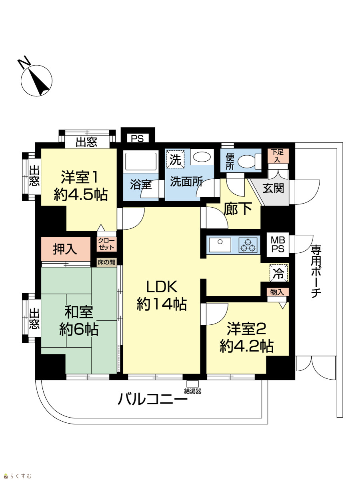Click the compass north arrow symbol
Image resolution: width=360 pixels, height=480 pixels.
(36, 80)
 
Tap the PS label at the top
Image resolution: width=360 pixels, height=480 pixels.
(138, 138)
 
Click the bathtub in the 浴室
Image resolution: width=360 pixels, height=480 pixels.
(140, 161)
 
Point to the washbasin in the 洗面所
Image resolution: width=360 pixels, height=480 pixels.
(202, 157)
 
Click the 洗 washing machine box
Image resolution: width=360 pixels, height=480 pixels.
(175, 159)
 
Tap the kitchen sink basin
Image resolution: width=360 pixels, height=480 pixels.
(220, 245)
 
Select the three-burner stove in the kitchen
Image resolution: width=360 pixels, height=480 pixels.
(248, 245)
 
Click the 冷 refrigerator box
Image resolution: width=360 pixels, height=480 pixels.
(279, 272)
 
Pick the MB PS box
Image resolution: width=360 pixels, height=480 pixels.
(278, 244)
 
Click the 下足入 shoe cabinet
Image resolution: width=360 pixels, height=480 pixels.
(278, 156)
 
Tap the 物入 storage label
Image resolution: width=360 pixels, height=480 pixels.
(277, 292)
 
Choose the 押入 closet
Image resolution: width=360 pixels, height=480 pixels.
(66, 249)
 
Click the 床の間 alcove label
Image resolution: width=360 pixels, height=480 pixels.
(106, 262)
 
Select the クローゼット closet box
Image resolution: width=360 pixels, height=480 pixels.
(106, 244)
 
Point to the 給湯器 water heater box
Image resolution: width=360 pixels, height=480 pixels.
(192, 384)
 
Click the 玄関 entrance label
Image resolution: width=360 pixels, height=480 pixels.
(273, 188)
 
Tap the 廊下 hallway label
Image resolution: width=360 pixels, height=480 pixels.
(238, 209)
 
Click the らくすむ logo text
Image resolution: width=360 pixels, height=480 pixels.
(21, 474)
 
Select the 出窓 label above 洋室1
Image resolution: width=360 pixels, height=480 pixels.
(86, 142)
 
